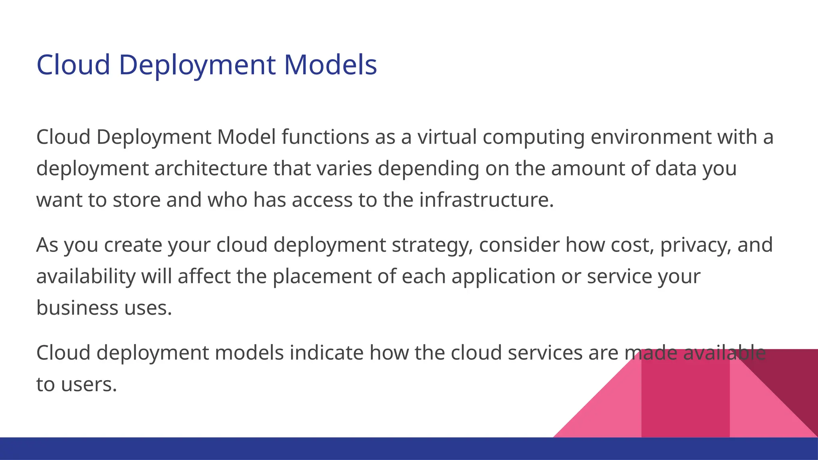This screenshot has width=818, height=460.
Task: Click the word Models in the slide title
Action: [330, 65]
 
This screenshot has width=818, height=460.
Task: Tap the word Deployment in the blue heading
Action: [197, 65]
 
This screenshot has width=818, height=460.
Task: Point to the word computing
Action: [534, 137]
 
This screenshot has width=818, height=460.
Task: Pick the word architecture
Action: [211, 168]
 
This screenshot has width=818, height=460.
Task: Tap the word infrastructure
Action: [486, 200]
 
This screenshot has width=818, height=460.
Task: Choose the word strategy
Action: [432, 245]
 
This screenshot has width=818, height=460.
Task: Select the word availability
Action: [86, 276]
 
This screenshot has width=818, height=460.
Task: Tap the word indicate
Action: [326, 353]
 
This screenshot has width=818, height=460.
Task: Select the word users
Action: [89, 385]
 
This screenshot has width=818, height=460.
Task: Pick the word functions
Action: [325, 137]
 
